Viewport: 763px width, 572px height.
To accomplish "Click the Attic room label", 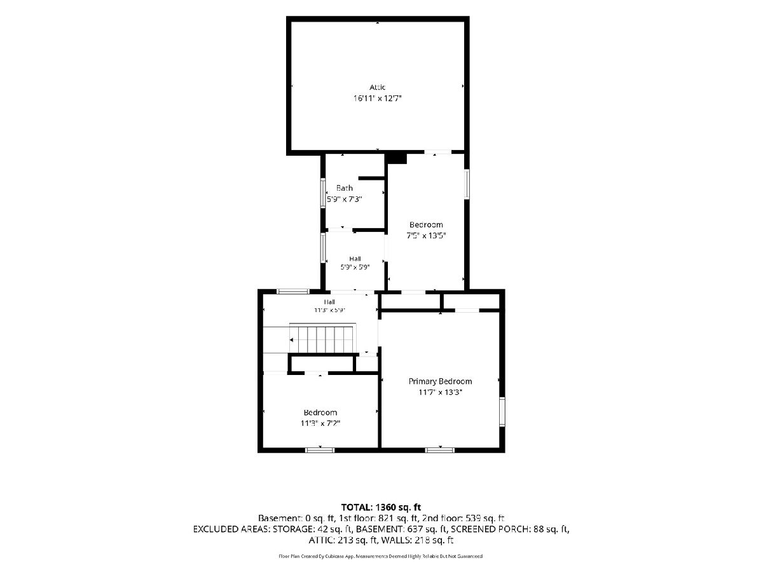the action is tap(377, 87).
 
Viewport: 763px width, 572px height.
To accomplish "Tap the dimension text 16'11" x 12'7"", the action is tap(377, 99).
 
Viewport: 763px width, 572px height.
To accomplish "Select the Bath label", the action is tap(344, 188).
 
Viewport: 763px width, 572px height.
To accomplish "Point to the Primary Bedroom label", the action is tap(440, 381).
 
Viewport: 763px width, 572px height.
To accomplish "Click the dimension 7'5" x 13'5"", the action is tap(426, 235).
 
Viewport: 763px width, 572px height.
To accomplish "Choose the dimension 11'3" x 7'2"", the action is tap(320, 423).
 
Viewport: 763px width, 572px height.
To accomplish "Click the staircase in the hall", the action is tap(322, 339).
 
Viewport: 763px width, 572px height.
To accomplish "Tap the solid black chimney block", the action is tap(397, 158).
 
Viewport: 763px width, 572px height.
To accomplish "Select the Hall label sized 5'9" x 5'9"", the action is tap(355, 259).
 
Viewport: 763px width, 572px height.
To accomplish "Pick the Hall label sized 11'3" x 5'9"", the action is tap(329, 302).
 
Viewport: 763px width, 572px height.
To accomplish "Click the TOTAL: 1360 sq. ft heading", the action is tap(381, 507).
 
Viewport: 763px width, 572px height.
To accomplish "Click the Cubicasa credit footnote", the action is tap(381, 556).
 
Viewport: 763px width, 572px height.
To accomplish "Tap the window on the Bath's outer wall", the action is tap(323, 193).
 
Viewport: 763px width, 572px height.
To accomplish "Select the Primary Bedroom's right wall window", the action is tap(502, 412).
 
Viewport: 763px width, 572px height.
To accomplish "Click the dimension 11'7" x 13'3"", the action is tap(440, 392).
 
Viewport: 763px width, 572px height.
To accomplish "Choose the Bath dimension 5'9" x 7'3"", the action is tap(344, 200).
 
